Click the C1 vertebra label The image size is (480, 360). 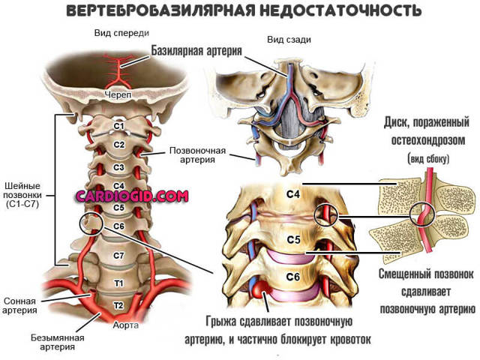(118, 126)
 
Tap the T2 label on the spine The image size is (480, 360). (118, 305)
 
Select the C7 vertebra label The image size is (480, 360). (118, 255)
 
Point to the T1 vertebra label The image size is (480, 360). (118, 283)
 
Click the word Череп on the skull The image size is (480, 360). (118, 94)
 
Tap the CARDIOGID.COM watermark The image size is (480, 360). (132, 196)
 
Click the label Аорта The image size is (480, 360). (126, 325)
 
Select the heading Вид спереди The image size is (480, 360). (121, 33)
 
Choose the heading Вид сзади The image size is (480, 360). (289, 40)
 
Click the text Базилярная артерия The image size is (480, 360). (196, 50)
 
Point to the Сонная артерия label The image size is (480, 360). (19, 306)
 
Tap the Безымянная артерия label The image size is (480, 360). (58, 343)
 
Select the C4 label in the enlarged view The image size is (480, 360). (293, 194)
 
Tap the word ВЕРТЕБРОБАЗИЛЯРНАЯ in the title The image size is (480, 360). (160, 11)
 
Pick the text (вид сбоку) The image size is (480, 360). (428, 159)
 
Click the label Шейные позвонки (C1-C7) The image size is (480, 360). (23, 195)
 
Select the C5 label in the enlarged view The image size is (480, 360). (293, 240)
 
